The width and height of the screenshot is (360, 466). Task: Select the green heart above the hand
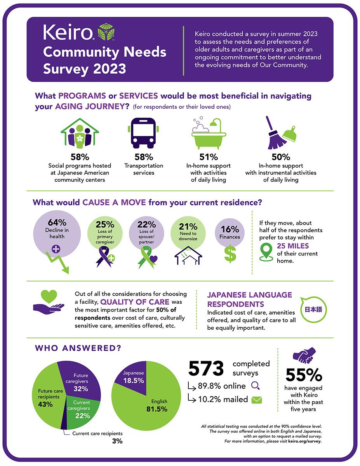(49, 296)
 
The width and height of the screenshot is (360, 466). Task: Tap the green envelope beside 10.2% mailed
(257, 400)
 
